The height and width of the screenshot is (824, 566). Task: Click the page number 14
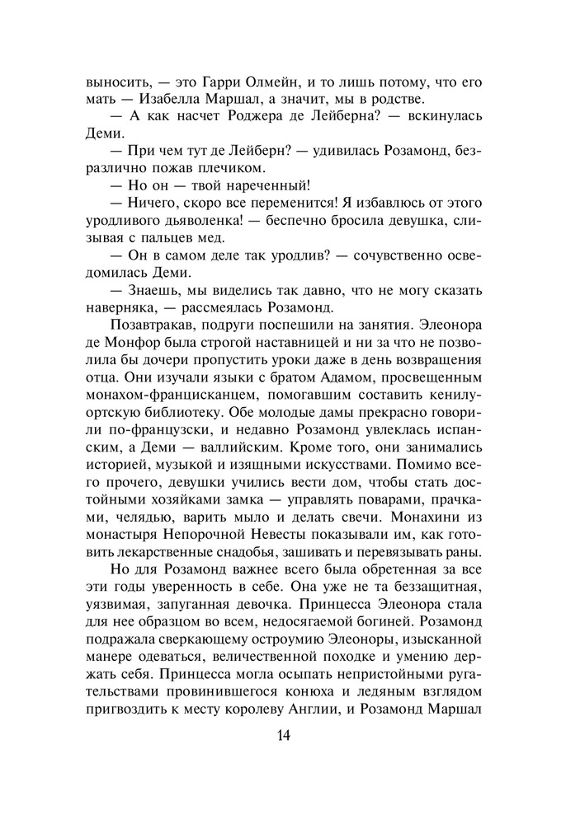tap(282, 735)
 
